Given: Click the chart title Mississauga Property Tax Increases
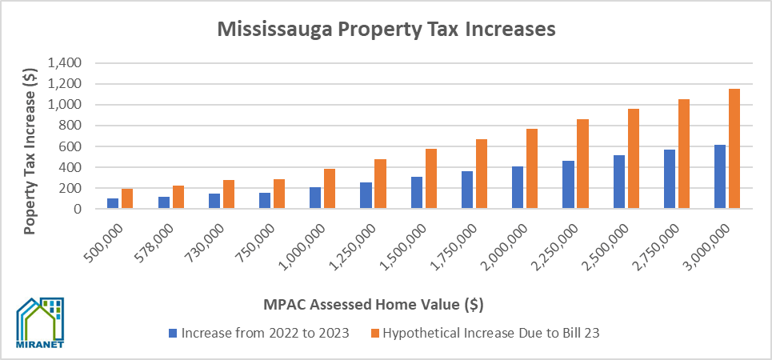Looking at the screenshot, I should (386, 30).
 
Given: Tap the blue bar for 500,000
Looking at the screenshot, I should (113, 203).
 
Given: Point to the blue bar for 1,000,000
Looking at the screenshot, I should (315, 198).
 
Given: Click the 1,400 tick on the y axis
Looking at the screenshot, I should (65, 63).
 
